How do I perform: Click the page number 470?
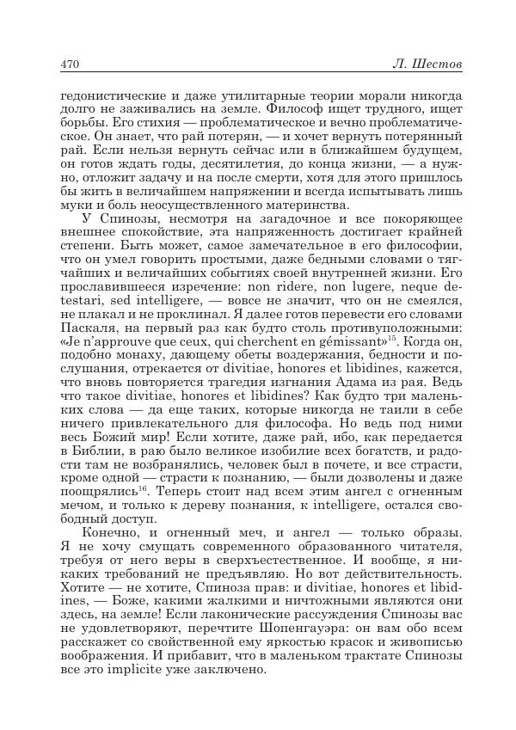(x=70, y=65)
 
